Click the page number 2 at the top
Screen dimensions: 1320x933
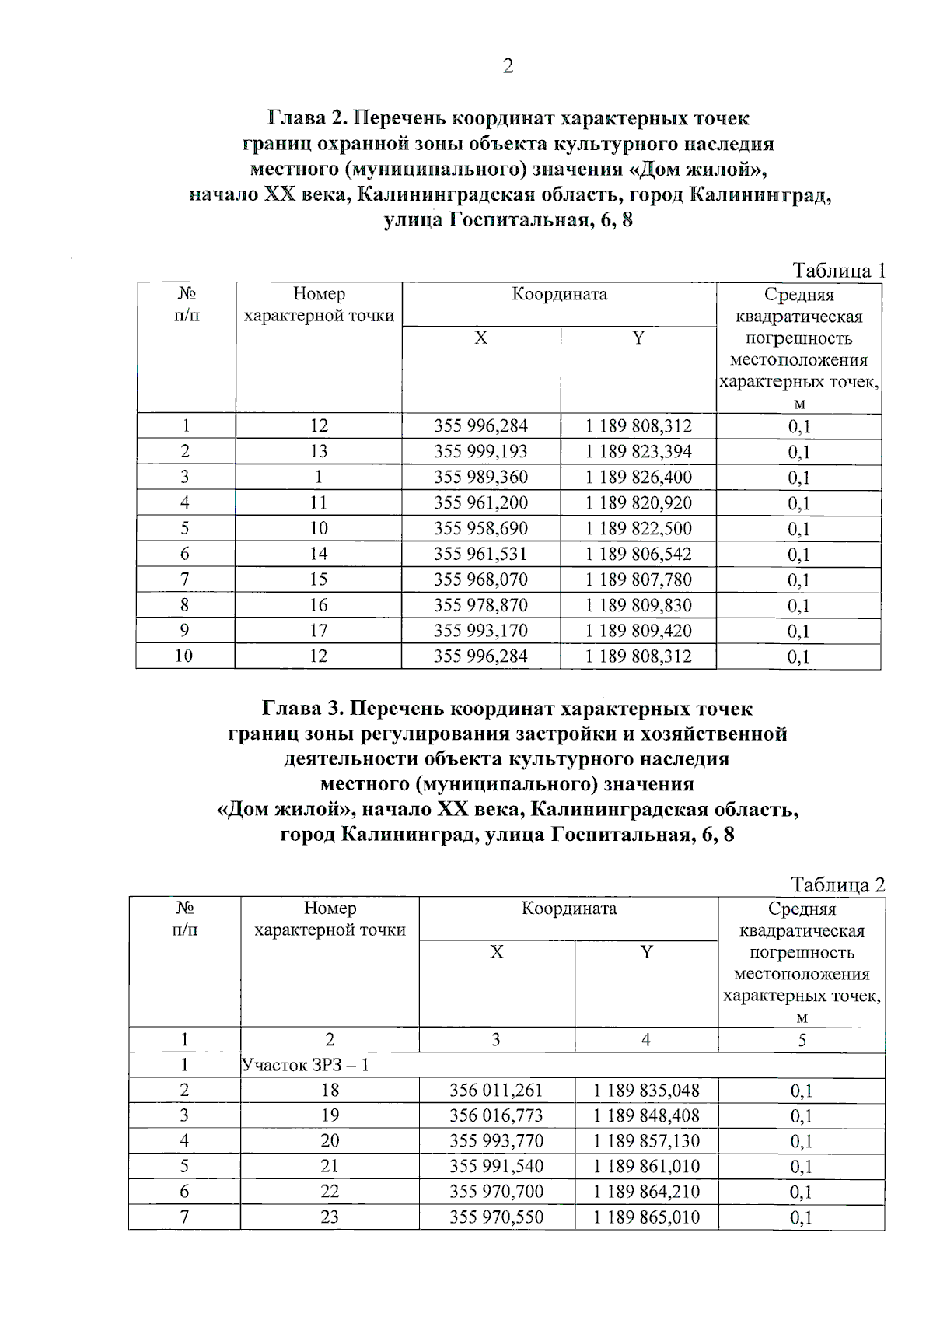point(508,66)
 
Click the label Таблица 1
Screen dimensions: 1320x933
point(838,271)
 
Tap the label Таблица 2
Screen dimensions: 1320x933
point(837,884)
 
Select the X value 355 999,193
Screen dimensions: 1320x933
point(480,452)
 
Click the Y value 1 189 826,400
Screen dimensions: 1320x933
point(638,478)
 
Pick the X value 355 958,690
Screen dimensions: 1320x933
point(480,529)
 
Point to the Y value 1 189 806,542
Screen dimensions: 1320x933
point(638,555)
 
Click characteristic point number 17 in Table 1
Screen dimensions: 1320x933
point(319,631)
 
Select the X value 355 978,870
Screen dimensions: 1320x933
point(480,605)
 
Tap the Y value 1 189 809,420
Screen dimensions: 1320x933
point(638,631)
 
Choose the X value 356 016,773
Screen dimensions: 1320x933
point(496,1115)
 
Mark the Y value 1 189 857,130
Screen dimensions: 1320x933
point(646,1141)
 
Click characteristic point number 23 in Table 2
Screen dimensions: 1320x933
point(330,1217)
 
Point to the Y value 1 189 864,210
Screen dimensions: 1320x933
point(646,1192)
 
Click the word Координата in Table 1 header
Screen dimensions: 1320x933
point(560,295)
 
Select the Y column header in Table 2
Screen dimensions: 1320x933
point(646,952)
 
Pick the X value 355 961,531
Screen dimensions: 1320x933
point(480,555)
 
